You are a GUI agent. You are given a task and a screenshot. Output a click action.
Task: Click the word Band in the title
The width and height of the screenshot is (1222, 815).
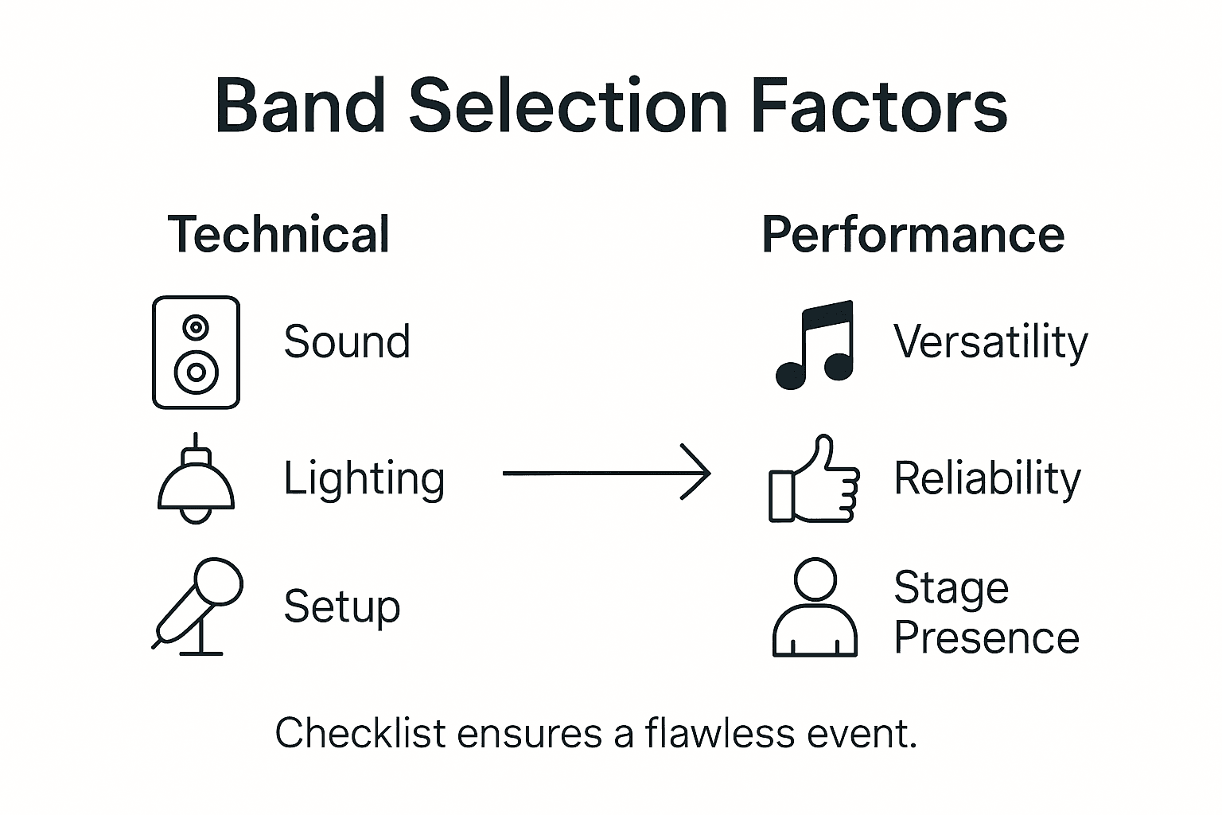click(300, 106)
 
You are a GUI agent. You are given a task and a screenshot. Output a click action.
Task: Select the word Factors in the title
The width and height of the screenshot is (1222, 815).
click(879, 106)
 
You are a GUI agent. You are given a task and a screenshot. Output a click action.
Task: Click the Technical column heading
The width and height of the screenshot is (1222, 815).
click(278, 234)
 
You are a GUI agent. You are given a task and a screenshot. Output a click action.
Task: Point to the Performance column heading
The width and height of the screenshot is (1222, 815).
click(913, 234)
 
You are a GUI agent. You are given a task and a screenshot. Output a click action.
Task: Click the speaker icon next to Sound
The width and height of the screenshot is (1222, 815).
click(196, 352)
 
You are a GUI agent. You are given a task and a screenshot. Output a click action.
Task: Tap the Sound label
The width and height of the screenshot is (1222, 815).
click(347, 342)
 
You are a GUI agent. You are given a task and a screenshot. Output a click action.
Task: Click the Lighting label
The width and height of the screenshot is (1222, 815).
click(364, 479)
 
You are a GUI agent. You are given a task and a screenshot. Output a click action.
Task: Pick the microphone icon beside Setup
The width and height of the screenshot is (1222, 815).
click(199, 605)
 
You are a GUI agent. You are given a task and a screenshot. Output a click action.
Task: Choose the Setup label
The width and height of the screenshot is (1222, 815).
click(342, 607)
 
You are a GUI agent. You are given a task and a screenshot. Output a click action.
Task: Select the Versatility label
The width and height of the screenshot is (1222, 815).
click(990, 342)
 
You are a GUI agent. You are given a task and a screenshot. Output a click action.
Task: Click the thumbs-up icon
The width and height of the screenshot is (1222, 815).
click(814, 480)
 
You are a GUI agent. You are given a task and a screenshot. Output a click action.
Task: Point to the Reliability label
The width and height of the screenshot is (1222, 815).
click(987, 478)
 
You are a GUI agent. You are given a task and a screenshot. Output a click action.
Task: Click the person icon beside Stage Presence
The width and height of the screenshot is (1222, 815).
click(815, 608)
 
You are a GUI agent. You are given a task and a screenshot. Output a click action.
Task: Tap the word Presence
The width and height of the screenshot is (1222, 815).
click(987, 638)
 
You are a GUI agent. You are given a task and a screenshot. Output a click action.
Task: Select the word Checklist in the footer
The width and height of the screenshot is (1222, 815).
click(360, 733)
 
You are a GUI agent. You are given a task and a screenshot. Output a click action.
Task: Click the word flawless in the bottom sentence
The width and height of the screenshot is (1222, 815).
click(720, 733)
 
